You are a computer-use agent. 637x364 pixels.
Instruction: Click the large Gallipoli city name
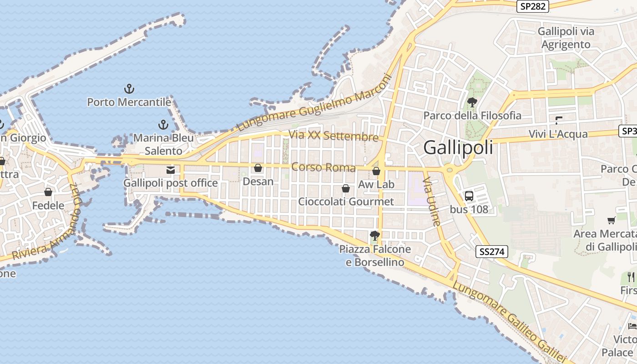[458, 147]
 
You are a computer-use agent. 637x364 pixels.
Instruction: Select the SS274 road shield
[492, 252]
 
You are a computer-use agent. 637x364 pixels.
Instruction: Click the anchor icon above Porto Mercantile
[129, 88]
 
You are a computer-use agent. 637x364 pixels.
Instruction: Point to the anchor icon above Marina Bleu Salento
[163, 124]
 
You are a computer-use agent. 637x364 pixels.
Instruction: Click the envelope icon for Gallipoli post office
[171, 170]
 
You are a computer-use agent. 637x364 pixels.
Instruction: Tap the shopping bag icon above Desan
[258, 168]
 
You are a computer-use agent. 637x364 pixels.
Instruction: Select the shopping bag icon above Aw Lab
[376, 171]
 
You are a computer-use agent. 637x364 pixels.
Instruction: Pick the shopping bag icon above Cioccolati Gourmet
[346, 188]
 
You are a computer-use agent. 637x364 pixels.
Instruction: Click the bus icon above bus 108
[469, 196]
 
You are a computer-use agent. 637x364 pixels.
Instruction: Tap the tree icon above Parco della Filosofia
[472, 102]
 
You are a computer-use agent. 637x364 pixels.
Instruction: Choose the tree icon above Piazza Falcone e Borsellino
[375, 236]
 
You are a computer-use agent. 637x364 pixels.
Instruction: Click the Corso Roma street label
[324, 167]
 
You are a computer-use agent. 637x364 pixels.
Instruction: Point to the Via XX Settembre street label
[334, 135]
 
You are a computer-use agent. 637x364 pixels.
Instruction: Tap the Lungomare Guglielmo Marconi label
[314, 104]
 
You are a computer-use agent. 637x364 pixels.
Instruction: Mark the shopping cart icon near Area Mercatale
[611, 221]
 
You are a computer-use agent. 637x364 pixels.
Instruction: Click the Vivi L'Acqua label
[558, 135]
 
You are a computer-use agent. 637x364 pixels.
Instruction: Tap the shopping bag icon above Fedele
[48, 192]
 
